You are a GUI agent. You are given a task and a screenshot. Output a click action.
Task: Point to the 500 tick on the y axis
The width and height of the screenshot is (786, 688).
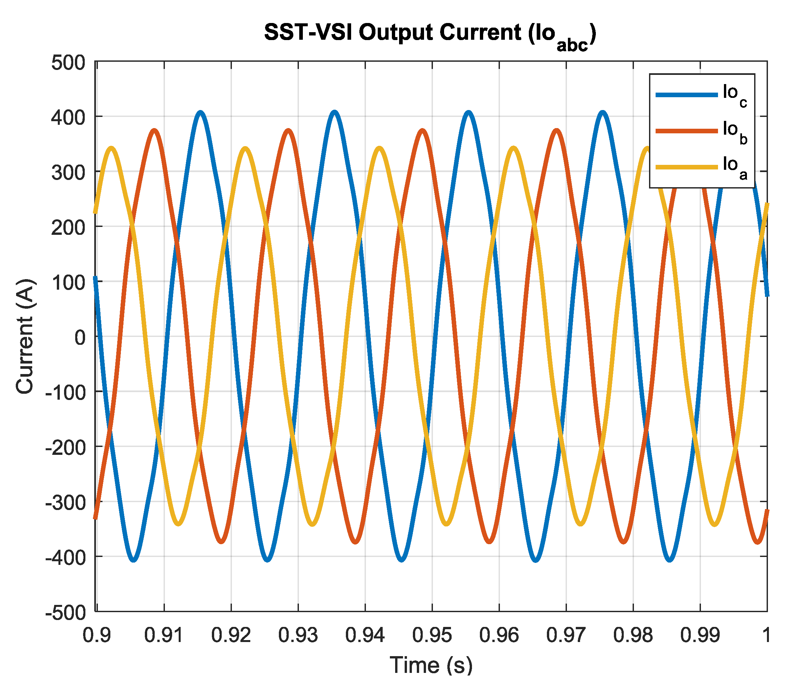68,63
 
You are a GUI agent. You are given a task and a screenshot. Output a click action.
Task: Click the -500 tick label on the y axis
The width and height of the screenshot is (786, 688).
65,613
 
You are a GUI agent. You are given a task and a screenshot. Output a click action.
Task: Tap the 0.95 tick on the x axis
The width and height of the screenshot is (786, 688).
432,636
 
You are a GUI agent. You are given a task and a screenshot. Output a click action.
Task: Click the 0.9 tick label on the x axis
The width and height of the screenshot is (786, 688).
97,636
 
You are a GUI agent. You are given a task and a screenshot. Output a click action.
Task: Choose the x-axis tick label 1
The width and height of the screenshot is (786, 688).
766,636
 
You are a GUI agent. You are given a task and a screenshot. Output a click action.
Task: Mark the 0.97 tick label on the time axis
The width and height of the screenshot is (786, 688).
566,636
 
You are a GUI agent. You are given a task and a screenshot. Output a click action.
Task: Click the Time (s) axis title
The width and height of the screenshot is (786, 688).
431,665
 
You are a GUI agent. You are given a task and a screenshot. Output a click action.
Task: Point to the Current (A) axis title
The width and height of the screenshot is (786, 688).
25,336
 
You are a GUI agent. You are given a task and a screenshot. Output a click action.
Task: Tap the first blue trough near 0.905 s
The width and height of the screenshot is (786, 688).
133,560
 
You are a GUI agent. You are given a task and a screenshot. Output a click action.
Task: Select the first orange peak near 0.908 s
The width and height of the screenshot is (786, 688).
154,130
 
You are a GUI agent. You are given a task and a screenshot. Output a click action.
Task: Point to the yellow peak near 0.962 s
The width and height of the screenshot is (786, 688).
513,148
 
